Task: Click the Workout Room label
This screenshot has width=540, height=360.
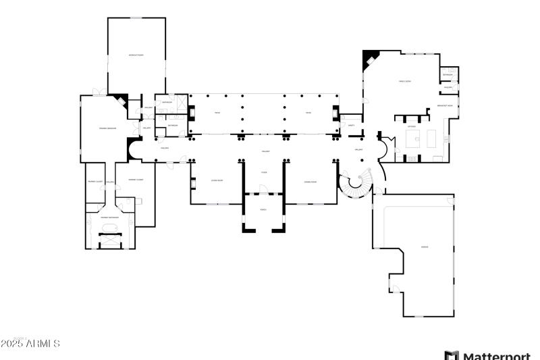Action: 136,55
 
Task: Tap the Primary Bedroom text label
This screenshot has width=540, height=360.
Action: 108,128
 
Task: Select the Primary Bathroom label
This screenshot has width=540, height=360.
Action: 110,217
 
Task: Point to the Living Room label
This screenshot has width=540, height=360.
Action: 217,181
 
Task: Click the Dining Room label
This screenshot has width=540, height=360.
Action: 310,182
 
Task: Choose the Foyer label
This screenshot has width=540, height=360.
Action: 264,172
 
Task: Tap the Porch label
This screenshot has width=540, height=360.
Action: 264,209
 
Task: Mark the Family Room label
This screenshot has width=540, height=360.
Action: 405,81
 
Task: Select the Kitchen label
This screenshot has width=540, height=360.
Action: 412,126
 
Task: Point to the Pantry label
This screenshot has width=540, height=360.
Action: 351,125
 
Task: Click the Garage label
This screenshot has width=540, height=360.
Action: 424,247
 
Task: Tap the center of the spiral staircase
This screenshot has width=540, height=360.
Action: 356,184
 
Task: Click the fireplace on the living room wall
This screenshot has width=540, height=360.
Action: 193,182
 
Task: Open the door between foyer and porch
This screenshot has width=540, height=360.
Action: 264,190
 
